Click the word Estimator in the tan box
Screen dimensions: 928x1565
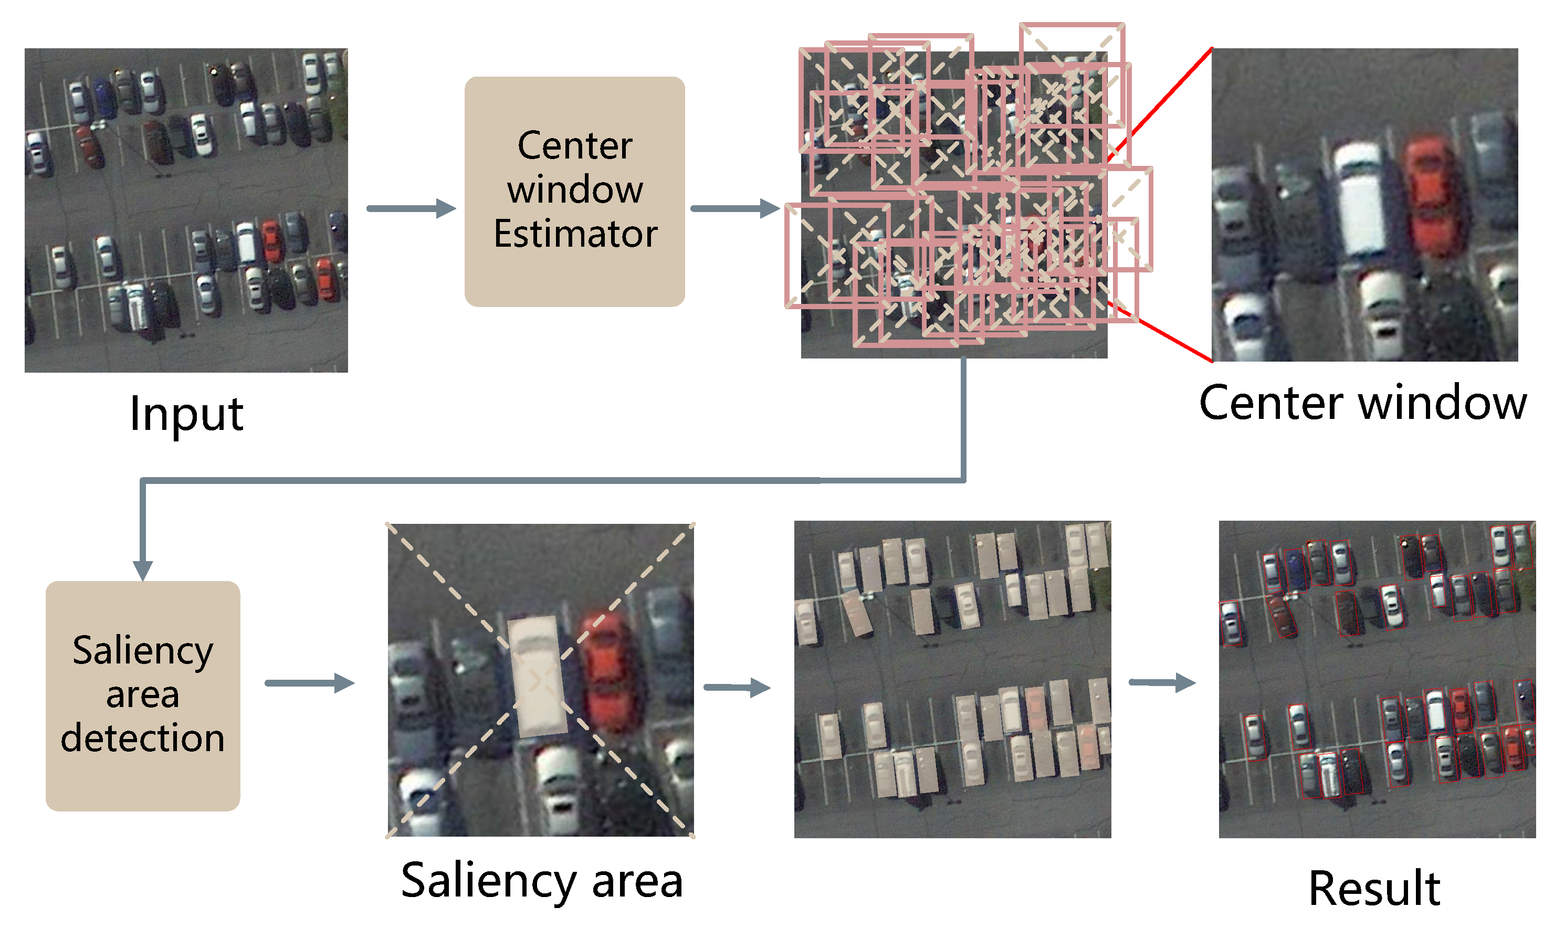coord(575,234)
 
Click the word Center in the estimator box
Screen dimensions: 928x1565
coord(575,146)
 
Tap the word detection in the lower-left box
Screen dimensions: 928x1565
coord(143,738)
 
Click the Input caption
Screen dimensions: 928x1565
coord(186,415)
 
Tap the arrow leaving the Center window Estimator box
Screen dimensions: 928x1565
coord(734,208)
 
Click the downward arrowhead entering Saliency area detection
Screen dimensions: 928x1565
coord(143,569)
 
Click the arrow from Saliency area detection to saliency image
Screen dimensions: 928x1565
coord(310,683)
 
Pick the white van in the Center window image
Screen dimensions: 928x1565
coord(1360,200)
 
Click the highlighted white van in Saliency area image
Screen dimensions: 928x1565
coord(537,676)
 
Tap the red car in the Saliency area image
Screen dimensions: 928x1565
coord(607,672)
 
